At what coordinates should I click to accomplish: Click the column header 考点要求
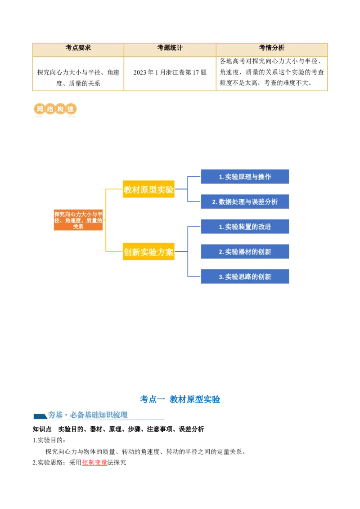pyautogui.click(x=78, y=48)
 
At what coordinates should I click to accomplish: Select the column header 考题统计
pyautogui.click(x=170, y=48)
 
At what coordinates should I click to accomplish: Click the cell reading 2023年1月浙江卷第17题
pyautogui.click(x=170, y=72)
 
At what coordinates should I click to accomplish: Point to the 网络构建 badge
pyautogui.click(x=54, y=109)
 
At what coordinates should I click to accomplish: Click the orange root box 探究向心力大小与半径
pyautogui.click(x=78, y=220)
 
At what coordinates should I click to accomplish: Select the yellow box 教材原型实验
pyautogui.click(x=148, y=190)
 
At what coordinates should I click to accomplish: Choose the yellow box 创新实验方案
pyautogui.click(x=148, y=252)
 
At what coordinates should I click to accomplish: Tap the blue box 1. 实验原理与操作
pyautogui.click(x=245, y=177)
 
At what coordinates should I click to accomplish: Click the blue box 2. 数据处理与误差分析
pyautogui.click(x=245, y=202)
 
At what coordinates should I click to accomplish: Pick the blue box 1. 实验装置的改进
pyautogui.click(x=245, y=227)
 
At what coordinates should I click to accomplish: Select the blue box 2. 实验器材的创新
pyautogui.click(x=245, y=252)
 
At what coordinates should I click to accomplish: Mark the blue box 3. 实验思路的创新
pyautogui.click(x=245, y=277)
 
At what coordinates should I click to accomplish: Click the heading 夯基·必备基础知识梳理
pyautogui.click(x=88, y=415)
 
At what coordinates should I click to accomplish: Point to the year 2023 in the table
pyautogui.click(x=140, y=72)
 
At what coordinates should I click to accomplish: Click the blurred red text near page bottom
pyautogui.click(x=94, y=462)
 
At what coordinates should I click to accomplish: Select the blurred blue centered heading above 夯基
pyautogui.click(x=180, y=399)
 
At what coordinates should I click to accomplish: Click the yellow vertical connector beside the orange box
pyautogui.click(x=106, y=220)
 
